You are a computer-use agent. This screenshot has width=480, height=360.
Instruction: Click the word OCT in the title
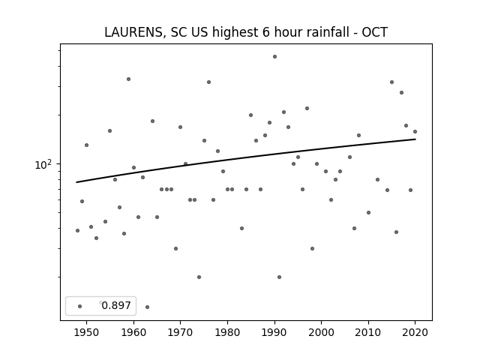pos(374,32)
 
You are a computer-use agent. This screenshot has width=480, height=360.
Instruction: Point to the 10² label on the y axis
pos(44,164)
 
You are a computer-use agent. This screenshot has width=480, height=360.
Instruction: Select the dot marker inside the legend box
pos(79,305)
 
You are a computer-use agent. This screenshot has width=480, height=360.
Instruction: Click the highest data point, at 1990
pos(274,56)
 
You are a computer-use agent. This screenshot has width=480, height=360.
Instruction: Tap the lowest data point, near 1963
pos(147,307)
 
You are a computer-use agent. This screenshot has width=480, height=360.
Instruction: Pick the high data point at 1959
pos(128,79)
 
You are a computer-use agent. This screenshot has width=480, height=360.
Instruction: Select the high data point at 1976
pos(208,82)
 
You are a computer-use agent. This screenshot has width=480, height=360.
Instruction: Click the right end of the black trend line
pos(415,139)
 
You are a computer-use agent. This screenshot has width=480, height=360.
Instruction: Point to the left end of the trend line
pos(77,182)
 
